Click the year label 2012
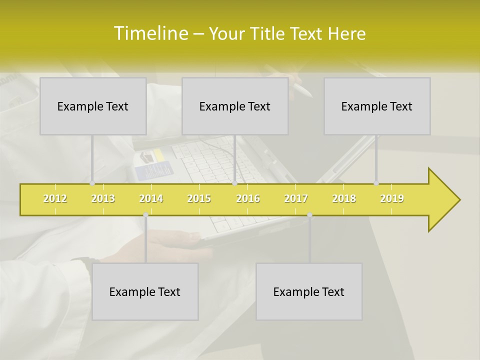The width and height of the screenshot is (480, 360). coord(55,198)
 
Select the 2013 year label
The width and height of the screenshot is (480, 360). coord(103,198)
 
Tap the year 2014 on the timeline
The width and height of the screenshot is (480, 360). coord(151,198)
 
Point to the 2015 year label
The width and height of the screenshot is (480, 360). coord(199,198)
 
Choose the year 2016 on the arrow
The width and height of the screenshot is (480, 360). coord(248,198)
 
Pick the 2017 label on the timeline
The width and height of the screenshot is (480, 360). coord(296,198)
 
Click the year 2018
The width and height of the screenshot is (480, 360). coord(344,198)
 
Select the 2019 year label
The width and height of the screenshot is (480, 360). coord(392,198)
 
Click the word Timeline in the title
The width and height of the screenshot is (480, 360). coord(150,33)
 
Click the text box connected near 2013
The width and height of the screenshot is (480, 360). coord(93,106)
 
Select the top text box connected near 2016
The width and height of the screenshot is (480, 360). coord(235,106)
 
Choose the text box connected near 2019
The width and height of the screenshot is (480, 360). coord(377,106)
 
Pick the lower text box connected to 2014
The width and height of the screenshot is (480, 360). coord(145,292)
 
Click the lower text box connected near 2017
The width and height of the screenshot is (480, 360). coord(309,292)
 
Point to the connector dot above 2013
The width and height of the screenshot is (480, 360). coord(92,183)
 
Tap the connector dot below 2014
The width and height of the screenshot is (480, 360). coord(145,215)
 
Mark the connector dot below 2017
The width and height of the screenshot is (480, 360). coord(309,215)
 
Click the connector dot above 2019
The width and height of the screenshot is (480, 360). coord(376,183)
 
